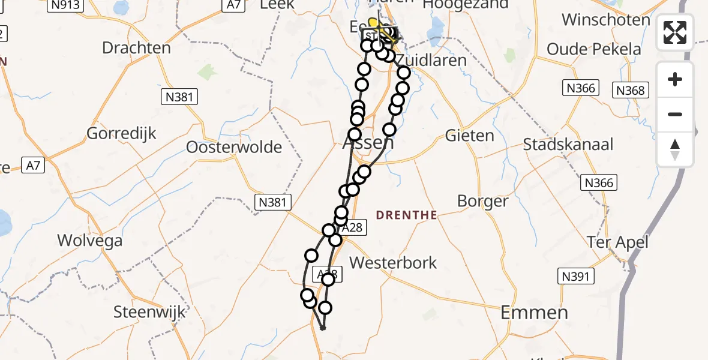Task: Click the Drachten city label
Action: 136,48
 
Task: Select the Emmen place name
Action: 534,313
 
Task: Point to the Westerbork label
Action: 393,263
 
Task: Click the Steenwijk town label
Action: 150,313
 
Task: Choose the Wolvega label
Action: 89,241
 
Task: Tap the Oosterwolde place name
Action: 234,147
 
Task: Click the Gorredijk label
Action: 122,133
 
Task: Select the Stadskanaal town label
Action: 568,145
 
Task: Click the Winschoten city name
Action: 606,20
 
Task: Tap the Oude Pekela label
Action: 593,49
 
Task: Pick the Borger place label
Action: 482,201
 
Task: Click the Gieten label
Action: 469,136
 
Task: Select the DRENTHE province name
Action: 406,215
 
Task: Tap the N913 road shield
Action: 65,5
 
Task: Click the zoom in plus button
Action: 675,79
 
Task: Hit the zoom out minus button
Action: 675,114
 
